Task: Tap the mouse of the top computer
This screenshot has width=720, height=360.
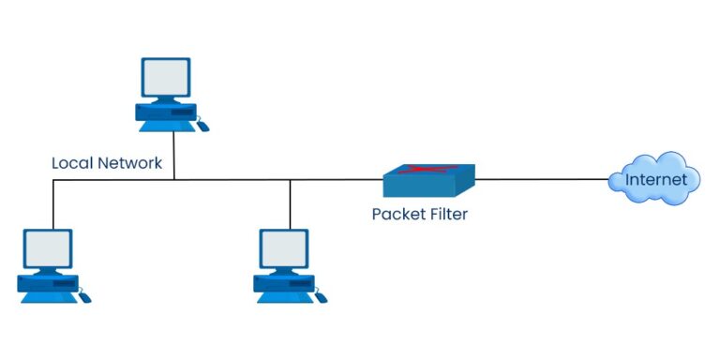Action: coord(202,125)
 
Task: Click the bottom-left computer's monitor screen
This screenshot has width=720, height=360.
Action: coord(47,249)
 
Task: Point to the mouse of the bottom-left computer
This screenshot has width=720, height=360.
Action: coord(84,297)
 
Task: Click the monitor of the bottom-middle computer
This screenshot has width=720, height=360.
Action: coord(284,249)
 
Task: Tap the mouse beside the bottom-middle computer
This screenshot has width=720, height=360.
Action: coord(322,297)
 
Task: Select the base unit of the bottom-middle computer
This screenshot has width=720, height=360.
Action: coord(283,285)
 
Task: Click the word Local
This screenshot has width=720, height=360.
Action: coord(71,163)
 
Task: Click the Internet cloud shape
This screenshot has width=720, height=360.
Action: coord(654,179)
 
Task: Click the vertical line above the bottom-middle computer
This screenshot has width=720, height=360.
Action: coord(291,203)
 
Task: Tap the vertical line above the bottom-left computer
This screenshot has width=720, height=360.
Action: coord(53,203)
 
